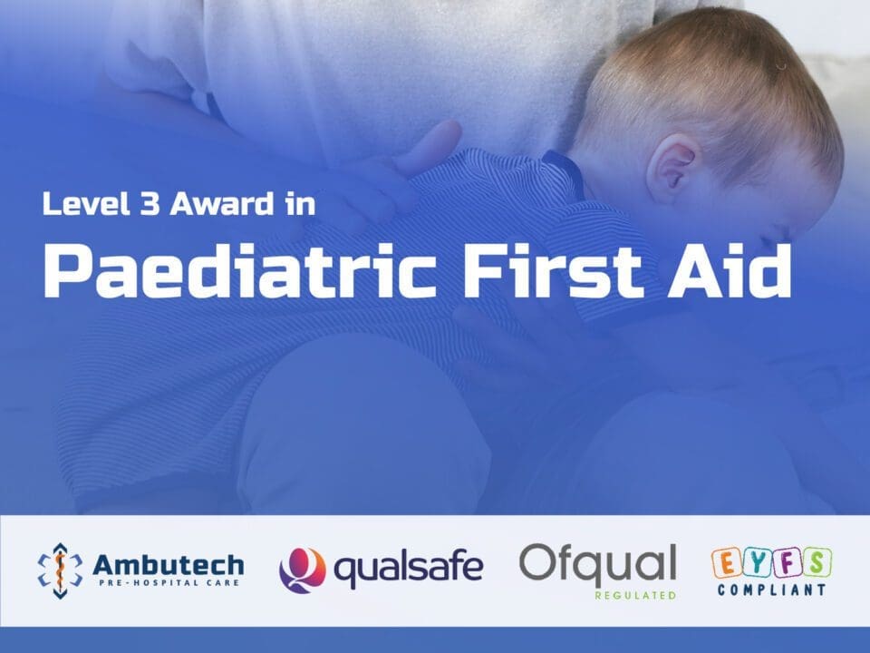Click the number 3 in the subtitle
click(x=150, y=203)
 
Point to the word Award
click(x=222, y=203)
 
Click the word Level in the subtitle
click(x=86, y=203)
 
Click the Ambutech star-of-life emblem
click(x=60, y=570)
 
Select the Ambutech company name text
click(x=169, y=565)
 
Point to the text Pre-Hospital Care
click(x=169, y=583)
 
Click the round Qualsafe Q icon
click(x=303, y=570)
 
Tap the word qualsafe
click(x=409, y=570)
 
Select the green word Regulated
click(x=636, y=595)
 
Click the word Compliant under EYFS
click(x=772, y=590)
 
